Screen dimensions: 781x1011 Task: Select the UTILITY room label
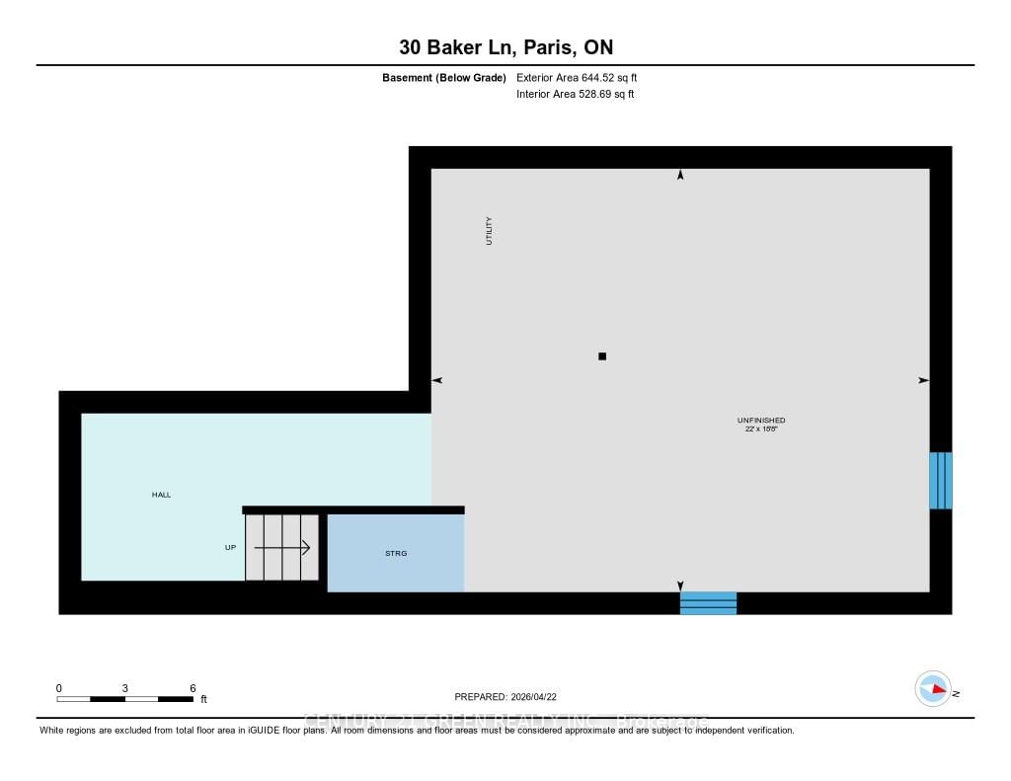489,231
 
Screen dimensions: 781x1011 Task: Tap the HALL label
161,495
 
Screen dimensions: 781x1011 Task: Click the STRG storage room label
396,553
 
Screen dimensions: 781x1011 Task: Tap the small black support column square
602,356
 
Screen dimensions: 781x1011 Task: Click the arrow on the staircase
282,547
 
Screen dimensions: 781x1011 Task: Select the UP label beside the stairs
230,547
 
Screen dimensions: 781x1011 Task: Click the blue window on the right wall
941,481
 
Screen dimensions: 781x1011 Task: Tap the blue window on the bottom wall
708,602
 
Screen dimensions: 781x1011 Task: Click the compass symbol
932,689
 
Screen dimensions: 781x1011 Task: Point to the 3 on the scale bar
125,688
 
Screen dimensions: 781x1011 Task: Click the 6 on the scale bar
194,688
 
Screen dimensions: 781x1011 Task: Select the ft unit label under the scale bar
204,700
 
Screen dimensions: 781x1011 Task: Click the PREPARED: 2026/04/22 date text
512,696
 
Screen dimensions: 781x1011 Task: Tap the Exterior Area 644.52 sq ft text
583,77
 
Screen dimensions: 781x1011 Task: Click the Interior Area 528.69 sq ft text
575,95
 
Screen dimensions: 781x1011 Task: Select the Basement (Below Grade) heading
444,77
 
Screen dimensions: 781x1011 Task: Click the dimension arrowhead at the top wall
680,176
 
